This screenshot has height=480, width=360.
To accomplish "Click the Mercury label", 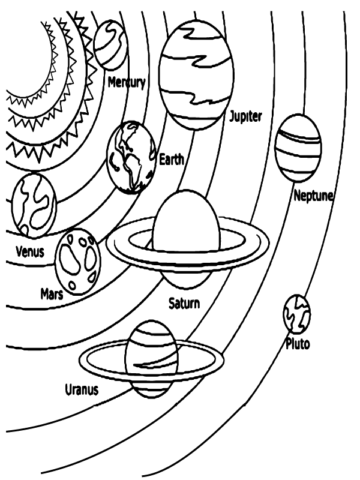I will click(x=126, y=83).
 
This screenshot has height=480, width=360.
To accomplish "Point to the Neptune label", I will click(x=313, y=196).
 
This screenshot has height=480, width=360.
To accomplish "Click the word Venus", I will click(x=29, y=251).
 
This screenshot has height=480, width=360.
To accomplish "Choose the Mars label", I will click(x=52, y=294).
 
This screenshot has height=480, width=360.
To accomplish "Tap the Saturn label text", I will click(x=184, y=303).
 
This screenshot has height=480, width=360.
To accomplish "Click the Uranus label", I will click(x=82, y=390).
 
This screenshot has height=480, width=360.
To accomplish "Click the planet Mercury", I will click(x=111, y=44).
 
